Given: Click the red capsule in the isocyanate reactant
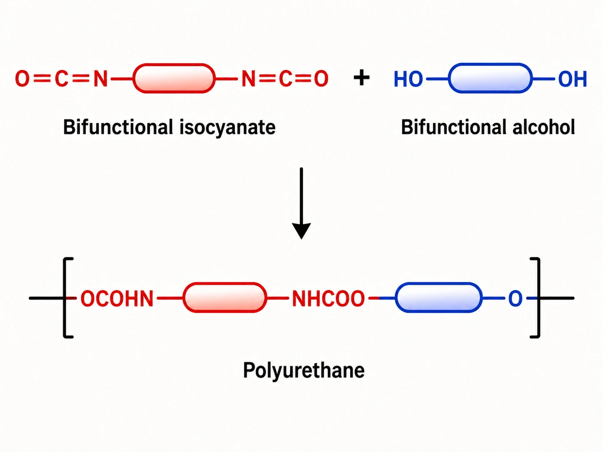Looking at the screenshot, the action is click(x=174, y=79).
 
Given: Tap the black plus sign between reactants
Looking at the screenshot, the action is click(x=361, y=77).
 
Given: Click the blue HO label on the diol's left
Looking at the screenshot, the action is click(x=408, y=79).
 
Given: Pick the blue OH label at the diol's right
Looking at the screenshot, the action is click(x=573, y=79).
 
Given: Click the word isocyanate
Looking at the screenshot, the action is click(x=227, y=128).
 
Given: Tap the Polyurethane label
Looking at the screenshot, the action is click(x=304, y=371).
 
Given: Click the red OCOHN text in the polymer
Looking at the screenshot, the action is click(x=117, y=298).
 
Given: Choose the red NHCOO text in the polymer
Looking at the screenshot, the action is click(x=328, y=298).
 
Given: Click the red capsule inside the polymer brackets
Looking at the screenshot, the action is click(x=225, y=298).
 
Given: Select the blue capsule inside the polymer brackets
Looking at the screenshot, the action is click(x=439, y=298).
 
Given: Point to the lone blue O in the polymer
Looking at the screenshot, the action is click(x=515, y=298).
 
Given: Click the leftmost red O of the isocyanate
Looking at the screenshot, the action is click(x=22, y=79).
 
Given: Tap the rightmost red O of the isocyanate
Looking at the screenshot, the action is click(x=321, y=79).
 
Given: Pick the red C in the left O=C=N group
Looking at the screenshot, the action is click(x=62, y=79).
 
